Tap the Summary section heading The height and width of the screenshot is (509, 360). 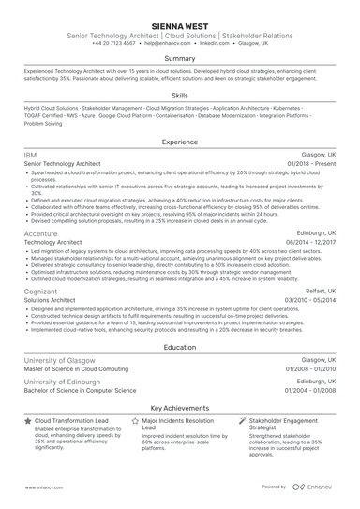click(x=180, y=58)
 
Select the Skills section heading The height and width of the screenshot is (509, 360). click(x=180, y=96)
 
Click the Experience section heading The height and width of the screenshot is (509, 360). click(x=180, y=142)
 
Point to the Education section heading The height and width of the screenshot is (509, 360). click(x=180, y=347)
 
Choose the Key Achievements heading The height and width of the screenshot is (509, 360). click(x=180, y=410)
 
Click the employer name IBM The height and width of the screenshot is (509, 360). click(x=30, y=154)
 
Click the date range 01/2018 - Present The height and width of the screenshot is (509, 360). click(x=313, y=163)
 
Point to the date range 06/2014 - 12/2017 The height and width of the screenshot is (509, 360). click(x=311, y=242)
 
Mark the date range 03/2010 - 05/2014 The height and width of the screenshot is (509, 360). click(x=311, y=301)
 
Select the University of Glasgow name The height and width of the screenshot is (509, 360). click(x=64, y=359)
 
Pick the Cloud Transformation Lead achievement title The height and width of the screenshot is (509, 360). click(x=72, y=422)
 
